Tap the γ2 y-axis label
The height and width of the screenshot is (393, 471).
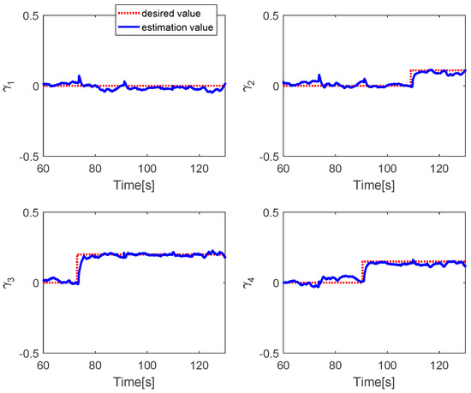(x=255, y=86)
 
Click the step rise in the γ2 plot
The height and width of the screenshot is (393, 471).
(x=411, y=78)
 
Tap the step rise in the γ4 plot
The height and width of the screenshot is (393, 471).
(x=363, y=272)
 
